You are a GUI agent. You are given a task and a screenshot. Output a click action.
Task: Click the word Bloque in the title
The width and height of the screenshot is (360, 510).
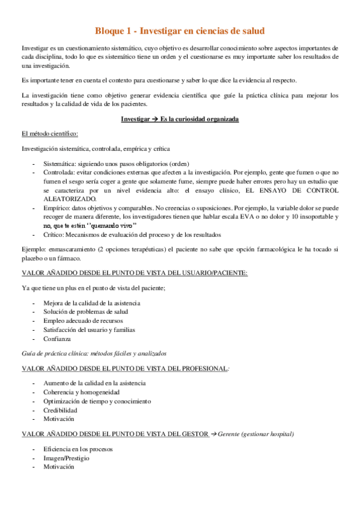[x=112, y=31]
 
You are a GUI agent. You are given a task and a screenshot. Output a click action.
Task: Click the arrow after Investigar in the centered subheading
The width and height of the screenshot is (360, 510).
[x=154, y=120]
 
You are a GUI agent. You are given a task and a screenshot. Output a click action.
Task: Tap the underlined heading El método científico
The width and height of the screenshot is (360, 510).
[x=49, y=134]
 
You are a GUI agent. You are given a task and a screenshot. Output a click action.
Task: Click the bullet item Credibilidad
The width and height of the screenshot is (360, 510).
[x=60, y=410]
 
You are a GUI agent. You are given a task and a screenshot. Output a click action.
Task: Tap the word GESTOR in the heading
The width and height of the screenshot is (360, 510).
[x=189, y=433]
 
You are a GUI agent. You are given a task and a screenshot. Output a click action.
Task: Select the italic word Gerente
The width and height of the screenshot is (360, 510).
[x=231, y=433]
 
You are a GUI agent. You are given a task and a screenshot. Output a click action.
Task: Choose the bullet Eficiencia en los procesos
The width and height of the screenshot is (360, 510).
[x=78, y=449]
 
